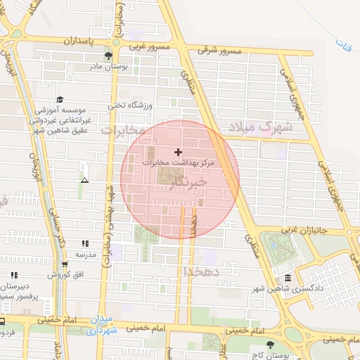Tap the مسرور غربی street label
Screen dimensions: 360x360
[x=149, y=46]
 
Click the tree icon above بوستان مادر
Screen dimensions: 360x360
[x=108, y=56]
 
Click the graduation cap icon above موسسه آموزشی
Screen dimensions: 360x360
[x=60, y=100]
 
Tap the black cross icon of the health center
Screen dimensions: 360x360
[x=178, y=152]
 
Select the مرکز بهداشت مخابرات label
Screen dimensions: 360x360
[x=180, y=162]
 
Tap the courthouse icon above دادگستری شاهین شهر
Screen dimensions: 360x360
[x=288, y=278]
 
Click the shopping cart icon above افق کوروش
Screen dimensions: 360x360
[x=65, y=264]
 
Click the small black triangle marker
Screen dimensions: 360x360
[x=85, y=180]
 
